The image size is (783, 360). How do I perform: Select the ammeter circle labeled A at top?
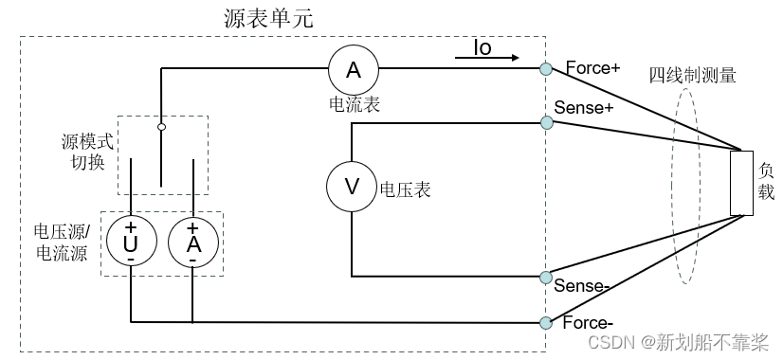(353, 68)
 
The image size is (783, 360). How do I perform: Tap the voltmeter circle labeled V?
(352, 187)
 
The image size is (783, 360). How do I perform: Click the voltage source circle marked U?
(130, 243)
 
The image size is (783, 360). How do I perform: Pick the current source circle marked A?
(192, 243)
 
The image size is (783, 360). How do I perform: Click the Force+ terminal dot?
(546, 68)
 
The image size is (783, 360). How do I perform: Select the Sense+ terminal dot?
(546, 122)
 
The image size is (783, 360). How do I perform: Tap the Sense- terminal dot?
(546, 277)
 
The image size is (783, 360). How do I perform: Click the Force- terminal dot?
(546, 322)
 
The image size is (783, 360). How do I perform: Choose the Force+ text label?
(592, 68)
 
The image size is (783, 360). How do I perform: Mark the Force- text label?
(592, 322)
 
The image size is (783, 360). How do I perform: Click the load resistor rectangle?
(742, 183)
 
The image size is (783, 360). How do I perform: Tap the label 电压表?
(405, 189)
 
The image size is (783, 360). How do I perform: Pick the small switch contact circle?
(161, 126)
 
